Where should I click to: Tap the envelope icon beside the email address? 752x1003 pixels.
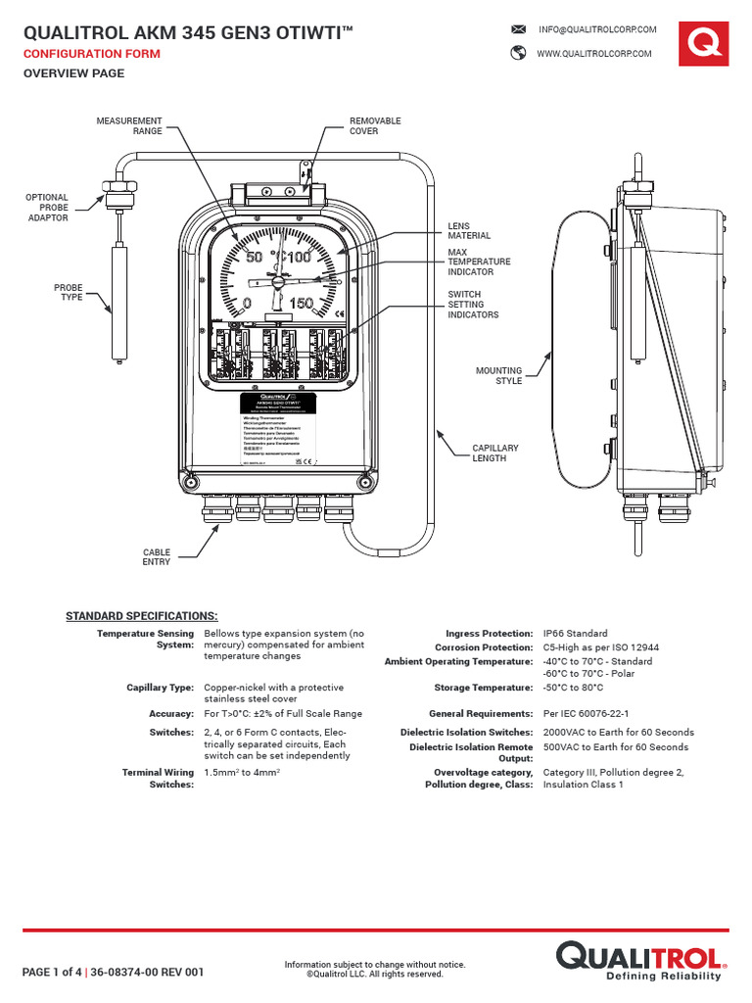[x=519, y=30]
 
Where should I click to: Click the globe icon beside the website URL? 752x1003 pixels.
[x=519, y=54]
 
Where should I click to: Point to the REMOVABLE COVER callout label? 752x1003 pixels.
[x=375, y=125]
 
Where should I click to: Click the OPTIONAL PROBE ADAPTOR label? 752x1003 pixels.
[x=47, y=208]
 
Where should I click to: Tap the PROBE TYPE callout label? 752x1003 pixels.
[x=68, y=292]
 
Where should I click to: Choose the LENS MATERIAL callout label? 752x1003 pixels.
[x=469, y=231]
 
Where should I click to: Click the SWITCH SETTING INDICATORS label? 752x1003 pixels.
[x=473, y=305]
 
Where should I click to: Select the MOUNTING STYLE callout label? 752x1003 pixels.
[x=498, y=376]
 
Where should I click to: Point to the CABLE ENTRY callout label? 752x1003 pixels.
[x=156, y=556]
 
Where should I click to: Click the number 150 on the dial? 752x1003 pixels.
[x=301, y=304]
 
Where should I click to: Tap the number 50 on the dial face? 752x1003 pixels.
[x=254, y=258]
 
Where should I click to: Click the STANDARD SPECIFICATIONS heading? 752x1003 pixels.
[x=141, y=615]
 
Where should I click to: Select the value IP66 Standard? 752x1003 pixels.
[x=575, y=634]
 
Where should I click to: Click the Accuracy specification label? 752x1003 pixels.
[x=171, y=714]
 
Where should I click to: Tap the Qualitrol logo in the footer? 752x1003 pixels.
[x=640, y=959]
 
